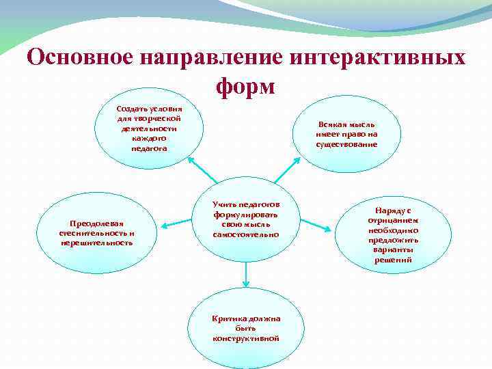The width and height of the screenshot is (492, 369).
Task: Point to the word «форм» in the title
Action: tap(245, 87)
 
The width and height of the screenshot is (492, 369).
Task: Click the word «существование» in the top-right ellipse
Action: tap(346, 143)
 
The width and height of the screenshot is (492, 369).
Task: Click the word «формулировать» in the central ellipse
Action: tap(245, 214)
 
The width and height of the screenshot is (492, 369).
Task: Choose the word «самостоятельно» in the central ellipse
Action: tap(245, 234)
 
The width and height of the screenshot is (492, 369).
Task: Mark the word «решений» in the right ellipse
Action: tap(393, 260)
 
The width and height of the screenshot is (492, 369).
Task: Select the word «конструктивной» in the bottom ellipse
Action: tap(245, 338)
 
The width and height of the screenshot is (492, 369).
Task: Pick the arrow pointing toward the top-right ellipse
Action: tap(290, 168)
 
